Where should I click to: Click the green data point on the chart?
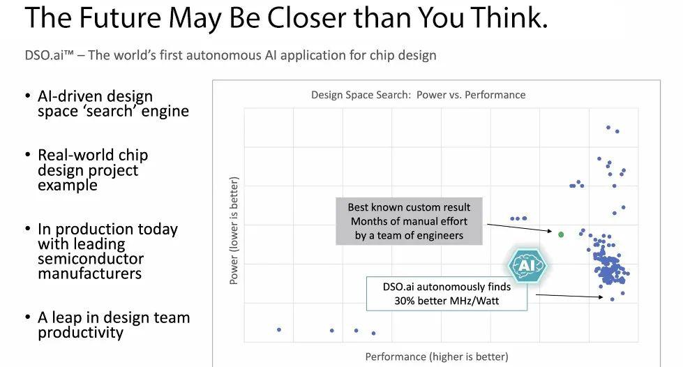(x=561, y=234)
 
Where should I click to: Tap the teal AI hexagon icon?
(x=526, y=265)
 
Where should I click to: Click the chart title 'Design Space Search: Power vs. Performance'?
(x=418, y=95)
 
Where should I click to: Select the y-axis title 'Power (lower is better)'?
(x=234, y=231)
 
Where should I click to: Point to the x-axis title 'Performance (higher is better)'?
(x=437, y=357)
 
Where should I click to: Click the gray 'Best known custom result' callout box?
(x=409, y=221)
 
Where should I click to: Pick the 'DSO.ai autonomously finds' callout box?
(x=446, y=294)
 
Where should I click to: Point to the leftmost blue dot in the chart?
(x=279, y=329)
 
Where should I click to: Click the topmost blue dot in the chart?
(x=608, y=128)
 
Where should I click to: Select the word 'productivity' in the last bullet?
(x=80, y=333)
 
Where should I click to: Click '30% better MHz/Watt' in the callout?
(x=446, y=301)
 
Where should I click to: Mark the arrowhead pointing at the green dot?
(x=553, y=232)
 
